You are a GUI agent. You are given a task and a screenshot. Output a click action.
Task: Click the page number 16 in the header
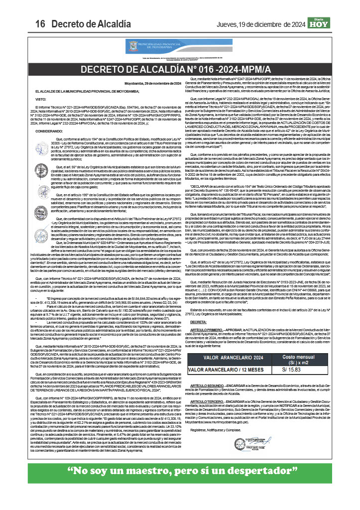(x=40, y=24)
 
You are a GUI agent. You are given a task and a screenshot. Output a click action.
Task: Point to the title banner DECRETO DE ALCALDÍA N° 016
(x=180, y=69)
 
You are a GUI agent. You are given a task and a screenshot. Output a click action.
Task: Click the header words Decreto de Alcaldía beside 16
(x=85, y=24)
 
